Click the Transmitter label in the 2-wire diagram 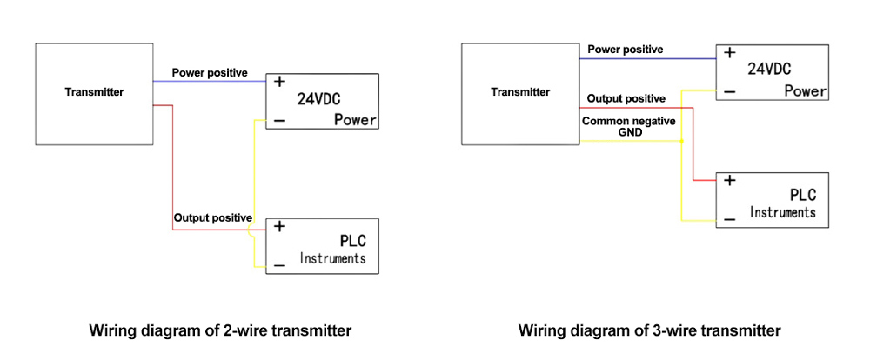[x=94, y=91]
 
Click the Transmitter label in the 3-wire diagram [x=520, y=91]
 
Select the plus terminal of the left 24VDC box [x=279, y=82]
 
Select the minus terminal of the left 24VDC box [x=279, y=121]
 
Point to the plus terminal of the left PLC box [x=279, y=226]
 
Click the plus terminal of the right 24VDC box [x=729, y=53]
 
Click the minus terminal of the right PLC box [x=729, y=218]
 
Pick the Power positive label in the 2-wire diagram [x=210, y=72]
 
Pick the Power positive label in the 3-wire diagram [x=625, y=50]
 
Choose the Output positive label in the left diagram [x=213, y=217]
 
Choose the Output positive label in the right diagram [x=626, y=99]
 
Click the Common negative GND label [x=628, y=127]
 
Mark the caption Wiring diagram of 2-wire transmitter [x=220, y=330]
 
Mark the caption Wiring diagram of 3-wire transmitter [x=650, y=330]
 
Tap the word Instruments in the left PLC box [x=333, y=258]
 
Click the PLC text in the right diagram [x=802, y=195]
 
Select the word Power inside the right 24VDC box [x=805, y=91]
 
